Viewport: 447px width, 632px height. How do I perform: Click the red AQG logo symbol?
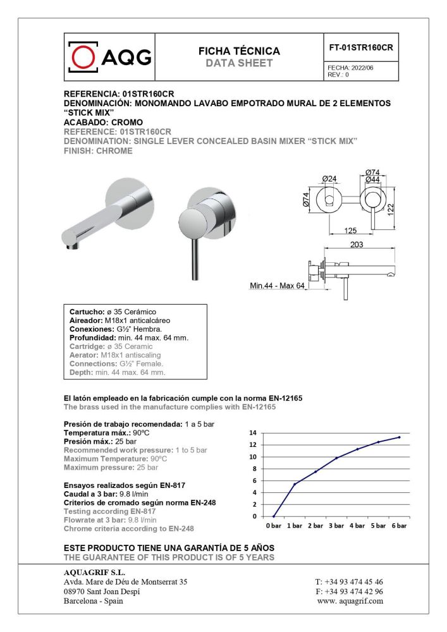(x=82, y=57)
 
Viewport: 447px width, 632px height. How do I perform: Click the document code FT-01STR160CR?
(x=362, y=47)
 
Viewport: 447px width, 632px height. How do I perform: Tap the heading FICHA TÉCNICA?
(x=239, y=51)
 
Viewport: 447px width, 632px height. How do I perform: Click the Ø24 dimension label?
(x=329, y=179)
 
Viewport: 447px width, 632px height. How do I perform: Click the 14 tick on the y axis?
(x=253, y=433)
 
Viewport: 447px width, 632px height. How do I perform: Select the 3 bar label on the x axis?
(x=336, y=526)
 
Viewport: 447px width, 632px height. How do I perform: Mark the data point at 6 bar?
(x=399, y=437)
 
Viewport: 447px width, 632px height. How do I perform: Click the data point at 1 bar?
(x=295, y=484)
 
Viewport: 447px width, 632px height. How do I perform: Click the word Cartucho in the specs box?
(x=86, y=312)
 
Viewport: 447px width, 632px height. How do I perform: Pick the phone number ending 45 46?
(x=349, y=581)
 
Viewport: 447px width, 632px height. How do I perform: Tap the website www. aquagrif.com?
(x=350, y=601)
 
